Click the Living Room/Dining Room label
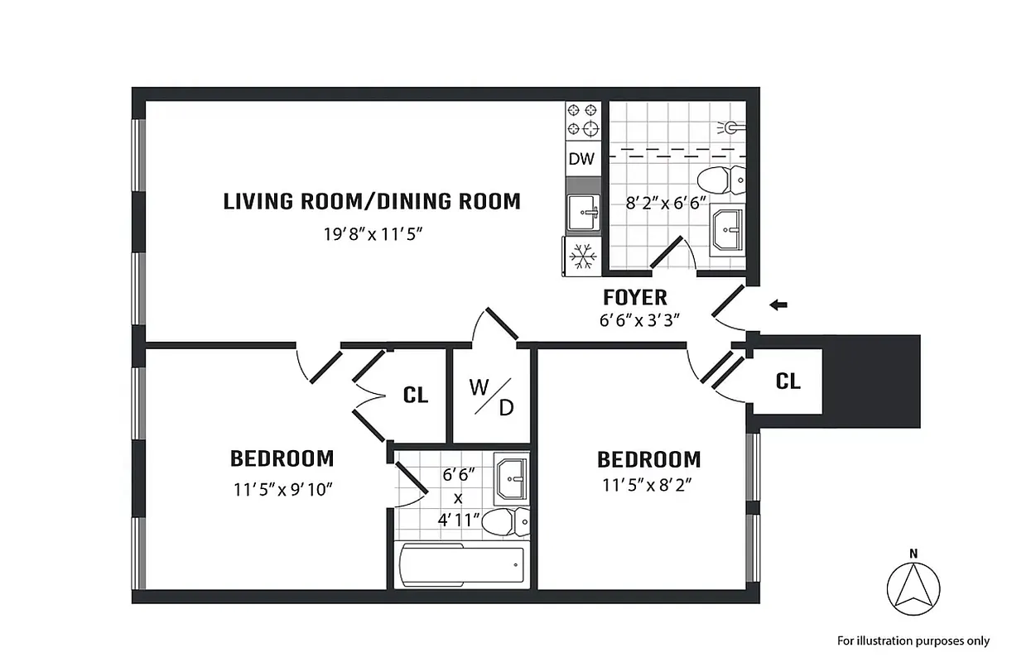point(372,201)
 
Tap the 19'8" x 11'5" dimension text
point(373,233)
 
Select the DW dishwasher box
point(581,159)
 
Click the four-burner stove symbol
point(582,119)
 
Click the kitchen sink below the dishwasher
point(582,212)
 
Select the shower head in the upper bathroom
point(730,127)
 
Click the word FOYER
point(635,297)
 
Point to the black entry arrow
point(778,305)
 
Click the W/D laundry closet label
point(491,397)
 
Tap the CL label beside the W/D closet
point(416,396)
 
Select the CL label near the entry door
point(788,381)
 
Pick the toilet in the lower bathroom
point(504,521)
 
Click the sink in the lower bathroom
point(510,477)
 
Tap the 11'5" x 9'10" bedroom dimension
point(282,489)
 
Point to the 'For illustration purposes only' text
point(913,640)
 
